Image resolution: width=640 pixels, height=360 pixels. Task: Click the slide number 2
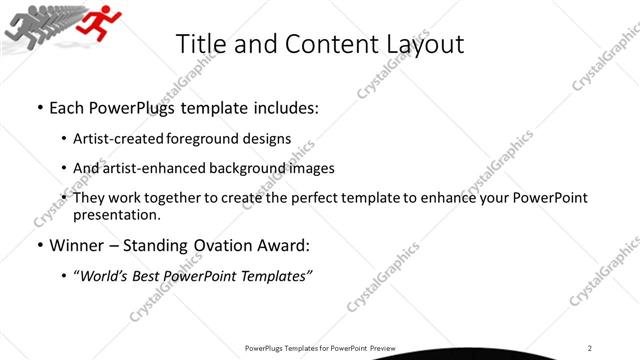(x=591, y=347)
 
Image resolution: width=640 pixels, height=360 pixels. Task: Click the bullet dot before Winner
(x=38, y=245)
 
